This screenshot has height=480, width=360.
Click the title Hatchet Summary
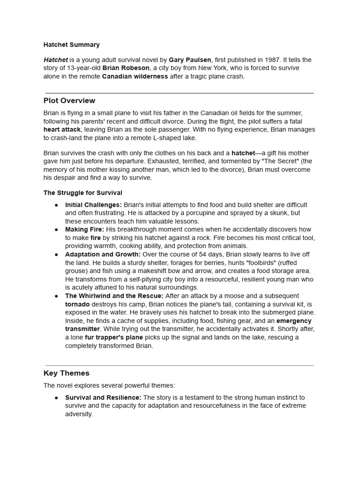71,45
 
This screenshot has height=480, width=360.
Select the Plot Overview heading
69,101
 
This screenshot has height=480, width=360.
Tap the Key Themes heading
67,374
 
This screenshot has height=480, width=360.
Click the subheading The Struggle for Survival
83,193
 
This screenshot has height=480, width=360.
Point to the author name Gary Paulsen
190,60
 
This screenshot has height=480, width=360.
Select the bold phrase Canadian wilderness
135,76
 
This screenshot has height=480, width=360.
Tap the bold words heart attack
62,129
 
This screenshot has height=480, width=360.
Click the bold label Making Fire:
84,230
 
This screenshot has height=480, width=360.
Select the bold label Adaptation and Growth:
103,255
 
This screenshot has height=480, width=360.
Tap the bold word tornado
77,304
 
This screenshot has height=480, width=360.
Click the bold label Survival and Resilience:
103,397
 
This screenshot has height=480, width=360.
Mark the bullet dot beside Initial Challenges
57,205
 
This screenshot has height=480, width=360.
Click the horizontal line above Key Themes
180,366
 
